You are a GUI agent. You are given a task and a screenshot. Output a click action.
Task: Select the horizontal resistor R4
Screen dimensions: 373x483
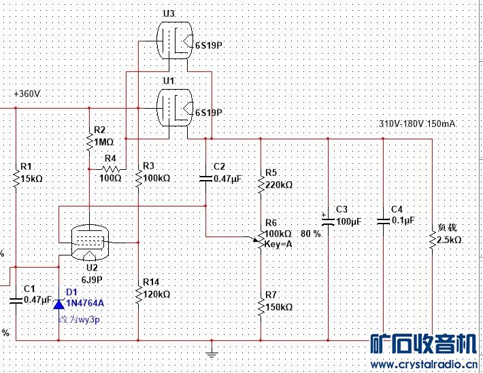[110, 168]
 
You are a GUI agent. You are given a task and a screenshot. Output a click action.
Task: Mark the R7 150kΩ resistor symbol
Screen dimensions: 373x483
[260, 306]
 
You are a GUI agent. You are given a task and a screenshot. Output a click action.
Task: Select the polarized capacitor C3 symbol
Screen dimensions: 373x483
[328, 220]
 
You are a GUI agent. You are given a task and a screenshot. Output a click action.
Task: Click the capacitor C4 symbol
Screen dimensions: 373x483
[383, 220]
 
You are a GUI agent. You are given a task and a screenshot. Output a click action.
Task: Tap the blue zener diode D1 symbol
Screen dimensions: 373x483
[59, 303]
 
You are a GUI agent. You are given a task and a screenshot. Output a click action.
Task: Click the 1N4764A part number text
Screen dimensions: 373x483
[85, 303]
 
